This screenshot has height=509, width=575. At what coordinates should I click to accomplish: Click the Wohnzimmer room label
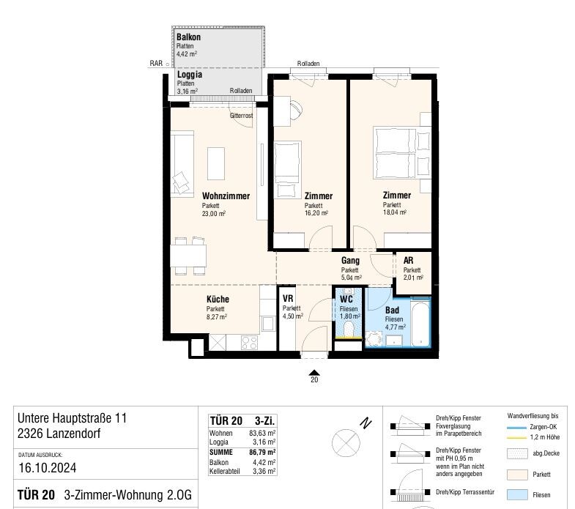tap(226, 196)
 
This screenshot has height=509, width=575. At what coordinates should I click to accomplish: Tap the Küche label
tap(218, 299)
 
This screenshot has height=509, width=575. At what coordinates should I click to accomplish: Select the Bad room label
tap(392, 311)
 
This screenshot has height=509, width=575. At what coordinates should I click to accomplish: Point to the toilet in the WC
tap(348, 329)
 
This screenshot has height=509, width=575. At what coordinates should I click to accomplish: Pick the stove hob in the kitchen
tap(249, 343)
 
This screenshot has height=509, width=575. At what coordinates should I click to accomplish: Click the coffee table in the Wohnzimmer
tap(216, 163)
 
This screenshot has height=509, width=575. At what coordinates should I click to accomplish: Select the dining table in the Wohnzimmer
tap(188, 256)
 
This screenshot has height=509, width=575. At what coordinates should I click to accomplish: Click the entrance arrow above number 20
tap(314, 372)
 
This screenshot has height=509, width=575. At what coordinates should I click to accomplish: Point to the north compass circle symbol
tap(346, 443)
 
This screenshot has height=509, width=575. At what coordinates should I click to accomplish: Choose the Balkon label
tap(188, 37)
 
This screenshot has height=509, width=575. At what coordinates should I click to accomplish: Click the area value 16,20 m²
tap(316, 213)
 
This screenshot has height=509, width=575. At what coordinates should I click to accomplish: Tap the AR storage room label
tap(408, 261)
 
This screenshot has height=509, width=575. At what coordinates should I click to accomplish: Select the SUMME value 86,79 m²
tap(262, 452)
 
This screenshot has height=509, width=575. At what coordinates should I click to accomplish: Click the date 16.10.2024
tap(48, 468)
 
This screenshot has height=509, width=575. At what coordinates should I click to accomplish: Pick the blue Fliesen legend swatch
tap(517, 494)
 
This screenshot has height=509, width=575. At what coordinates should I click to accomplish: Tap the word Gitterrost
tap(241, 116)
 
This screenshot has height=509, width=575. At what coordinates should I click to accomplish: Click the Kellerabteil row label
tap(224, 471)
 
